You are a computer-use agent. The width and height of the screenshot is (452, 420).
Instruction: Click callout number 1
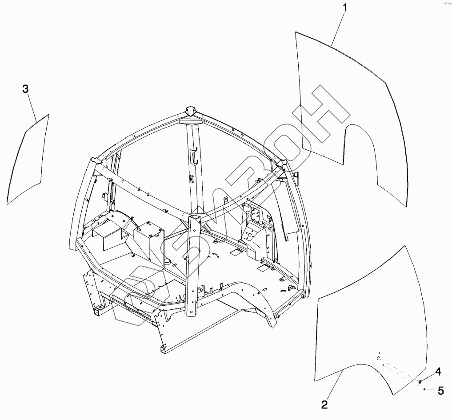coord(345,8)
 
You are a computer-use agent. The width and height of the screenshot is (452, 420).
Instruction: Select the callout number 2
coord(324,404)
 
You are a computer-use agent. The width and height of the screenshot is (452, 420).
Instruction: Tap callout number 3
coord(26,89)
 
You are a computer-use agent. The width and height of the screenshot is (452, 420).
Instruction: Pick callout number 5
coord(440,391)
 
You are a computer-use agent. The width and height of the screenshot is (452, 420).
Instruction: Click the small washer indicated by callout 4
coord(420,381)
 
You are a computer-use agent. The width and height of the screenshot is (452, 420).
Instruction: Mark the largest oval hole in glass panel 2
coord(378,358)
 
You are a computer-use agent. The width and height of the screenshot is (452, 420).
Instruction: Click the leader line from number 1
coord(338,27)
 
